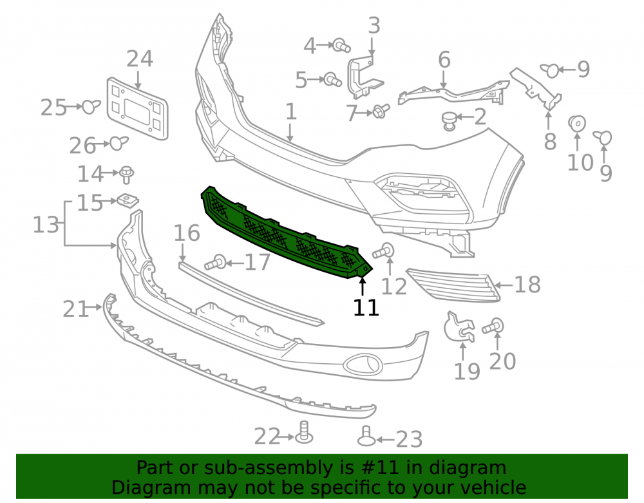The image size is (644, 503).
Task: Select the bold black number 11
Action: point(366,307)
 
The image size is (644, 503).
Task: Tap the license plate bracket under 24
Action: point(137,109)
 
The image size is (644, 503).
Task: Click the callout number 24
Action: point(140,59)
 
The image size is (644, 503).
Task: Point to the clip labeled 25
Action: point(91,107)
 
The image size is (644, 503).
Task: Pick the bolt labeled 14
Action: point(126,174)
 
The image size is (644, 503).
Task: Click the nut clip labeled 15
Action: point(128,200)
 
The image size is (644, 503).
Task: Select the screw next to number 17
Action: point(216,262)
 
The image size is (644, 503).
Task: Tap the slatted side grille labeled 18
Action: point(453,285)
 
